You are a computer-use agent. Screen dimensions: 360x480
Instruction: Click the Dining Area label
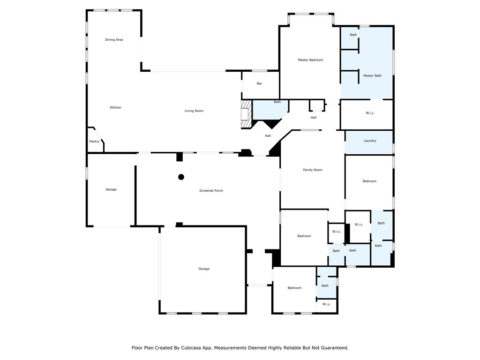point(114,40)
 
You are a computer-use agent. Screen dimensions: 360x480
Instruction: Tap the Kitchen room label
point(115,107)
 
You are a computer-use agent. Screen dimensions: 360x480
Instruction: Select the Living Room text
point(194,111)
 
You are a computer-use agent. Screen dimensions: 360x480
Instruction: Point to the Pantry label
point(94,142)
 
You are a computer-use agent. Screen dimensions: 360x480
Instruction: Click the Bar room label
point(259,83)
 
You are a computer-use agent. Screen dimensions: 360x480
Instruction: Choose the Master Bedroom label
point(310,60)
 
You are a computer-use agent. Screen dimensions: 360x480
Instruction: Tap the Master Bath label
point(372,75)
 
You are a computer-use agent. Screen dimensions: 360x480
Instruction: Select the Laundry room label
point(370,141)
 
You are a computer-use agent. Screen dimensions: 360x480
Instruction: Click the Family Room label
point(313,170)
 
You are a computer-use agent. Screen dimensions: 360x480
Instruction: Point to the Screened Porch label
point(211,191)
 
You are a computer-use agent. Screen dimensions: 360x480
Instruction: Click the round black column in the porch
point(181,177)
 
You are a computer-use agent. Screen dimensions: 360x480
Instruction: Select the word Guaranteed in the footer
point(332,348)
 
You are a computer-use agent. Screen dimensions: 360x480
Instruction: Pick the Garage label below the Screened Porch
point(203,269)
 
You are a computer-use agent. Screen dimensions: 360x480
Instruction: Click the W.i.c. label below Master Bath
point(370,113)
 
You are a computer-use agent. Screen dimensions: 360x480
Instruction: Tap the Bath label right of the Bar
point(277,102)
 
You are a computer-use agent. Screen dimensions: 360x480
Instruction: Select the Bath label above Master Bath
point(353,35)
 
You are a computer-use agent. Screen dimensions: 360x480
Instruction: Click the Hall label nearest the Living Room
point(268,136)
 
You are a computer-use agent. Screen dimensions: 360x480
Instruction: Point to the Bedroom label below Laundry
point(369,181)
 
